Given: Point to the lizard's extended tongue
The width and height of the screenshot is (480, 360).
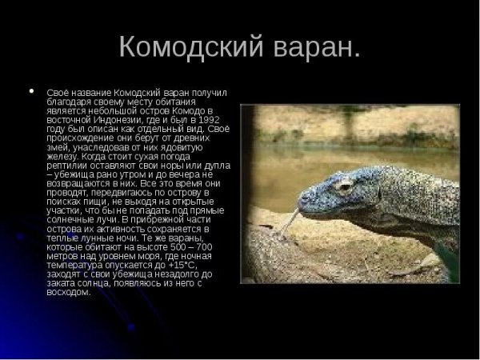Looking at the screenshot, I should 288,225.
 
